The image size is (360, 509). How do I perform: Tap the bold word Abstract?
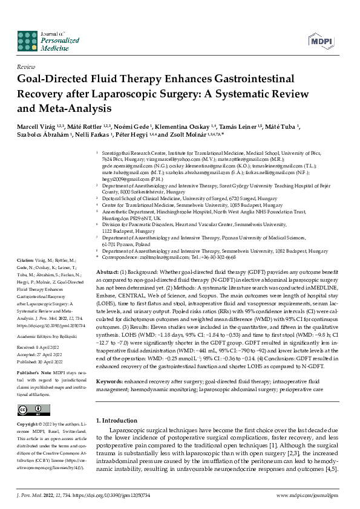108,273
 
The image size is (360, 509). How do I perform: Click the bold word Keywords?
110,365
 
